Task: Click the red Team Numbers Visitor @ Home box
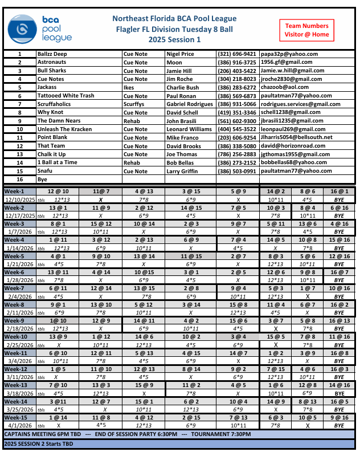306,30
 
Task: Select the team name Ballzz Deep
52,54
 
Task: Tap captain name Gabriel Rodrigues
190,104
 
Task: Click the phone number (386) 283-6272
237,87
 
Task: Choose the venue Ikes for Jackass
129,87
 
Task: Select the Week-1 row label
15,191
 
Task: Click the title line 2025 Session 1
174,40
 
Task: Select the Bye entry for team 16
42,180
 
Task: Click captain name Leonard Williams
190,129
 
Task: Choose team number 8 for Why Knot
19,112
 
